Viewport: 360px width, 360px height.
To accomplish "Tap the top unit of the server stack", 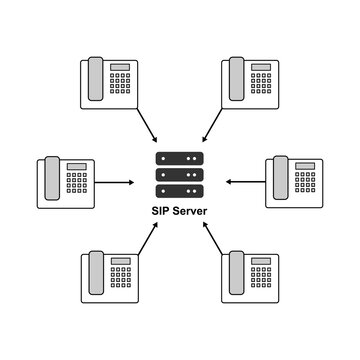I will [179, 158].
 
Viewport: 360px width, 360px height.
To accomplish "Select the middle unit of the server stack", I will [179, 174].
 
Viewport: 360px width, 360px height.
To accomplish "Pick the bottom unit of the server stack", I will [179, 190].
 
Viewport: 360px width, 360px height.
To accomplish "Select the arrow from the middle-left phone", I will [118, 182].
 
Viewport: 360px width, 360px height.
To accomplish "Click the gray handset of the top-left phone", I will [95, 79].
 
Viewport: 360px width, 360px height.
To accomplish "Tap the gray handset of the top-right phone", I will [237, 79].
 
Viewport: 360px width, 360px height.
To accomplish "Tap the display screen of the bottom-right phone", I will [261, 260].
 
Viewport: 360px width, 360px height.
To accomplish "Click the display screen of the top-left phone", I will [120, 66].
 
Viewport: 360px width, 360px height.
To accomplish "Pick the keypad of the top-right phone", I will [261, 86].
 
